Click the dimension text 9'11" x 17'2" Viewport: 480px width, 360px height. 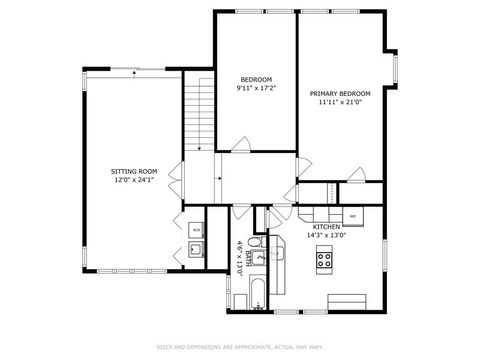pyautogui.click(x=256, y=88)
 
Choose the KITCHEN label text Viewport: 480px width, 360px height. pyautogui.click(x=327, y=227)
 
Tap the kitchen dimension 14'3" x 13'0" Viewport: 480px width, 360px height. pyautogui.click(x=327, y=236)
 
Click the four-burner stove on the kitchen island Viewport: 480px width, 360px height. pyautogui.click(x=326, y=262)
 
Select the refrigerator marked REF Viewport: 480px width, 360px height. pyautogui.click(x=353, y=215)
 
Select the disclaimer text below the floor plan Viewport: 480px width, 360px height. pyautogui.click(x=240, y=347)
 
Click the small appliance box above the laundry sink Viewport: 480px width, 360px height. pyautogui.click(x=196, y=229)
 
